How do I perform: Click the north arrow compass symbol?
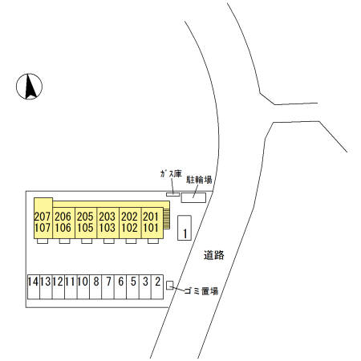[29, 87]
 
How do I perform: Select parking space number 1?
[185, 228]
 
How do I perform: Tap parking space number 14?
[34, 286]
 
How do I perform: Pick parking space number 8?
[95, 286]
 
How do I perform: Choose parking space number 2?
[157, 286]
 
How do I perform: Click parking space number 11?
[71, 286]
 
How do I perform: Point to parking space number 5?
[132, 286]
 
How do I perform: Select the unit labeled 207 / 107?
[43, 218]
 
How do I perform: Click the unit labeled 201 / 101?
[152, 222]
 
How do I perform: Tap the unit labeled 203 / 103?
[107, 222]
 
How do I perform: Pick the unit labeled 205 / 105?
[86, 222]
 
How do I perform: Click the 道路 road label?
[214, 255]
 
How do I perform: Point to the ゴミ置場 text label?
[201, 291]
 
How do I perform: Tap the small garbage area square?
[170, 285]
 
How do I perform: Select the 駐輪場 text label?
[199, 180]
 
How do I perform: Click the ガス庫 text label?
[171, 174]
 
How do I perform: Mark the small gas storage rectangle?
[173, 194]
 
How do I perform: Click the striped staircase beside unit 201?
[167, 219]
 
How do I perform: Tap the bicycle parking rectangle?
[193, 197]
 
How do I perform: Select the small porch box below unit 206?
[64, 241]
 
